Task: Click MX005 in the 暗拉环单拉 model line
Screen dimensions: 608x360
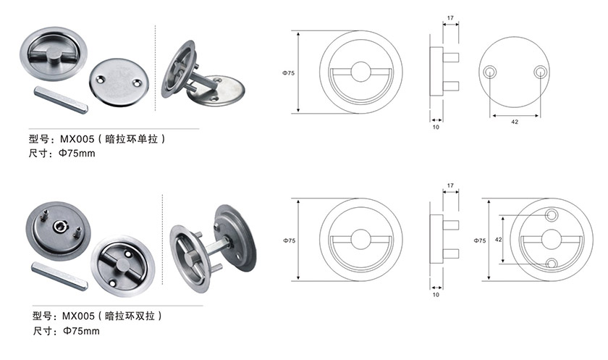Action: pyautogui.click(x=77, y=139)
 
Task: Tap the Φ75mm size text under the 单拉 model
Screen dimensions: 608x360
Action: pyautogui.click(x=77, y=154)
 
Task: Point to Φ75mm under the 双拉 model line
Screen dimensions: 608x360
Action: pyautogui.click(x=81, y=331)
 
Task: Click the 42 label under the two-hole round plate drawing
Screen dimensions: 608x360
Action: pyautogui.click(x=515, y=122)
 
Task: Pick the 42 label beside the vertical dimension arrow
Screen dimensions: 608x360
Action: pyautogui.click(x=498, y=240)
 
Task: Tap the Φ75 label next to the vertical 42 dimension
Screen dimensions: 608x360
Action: pyautogui.click(x=479, y=240)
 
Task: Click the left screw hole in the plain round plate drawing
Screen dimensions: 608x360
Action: pyautogui.click(x=490, y=72)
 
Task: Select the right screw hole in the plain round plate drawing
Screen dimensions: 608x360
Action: pyautogui.click(x=540, y=72)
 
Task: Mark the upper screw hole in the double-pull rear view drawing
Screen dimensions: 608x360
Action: pyautogui.click(x=552, y=214)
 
